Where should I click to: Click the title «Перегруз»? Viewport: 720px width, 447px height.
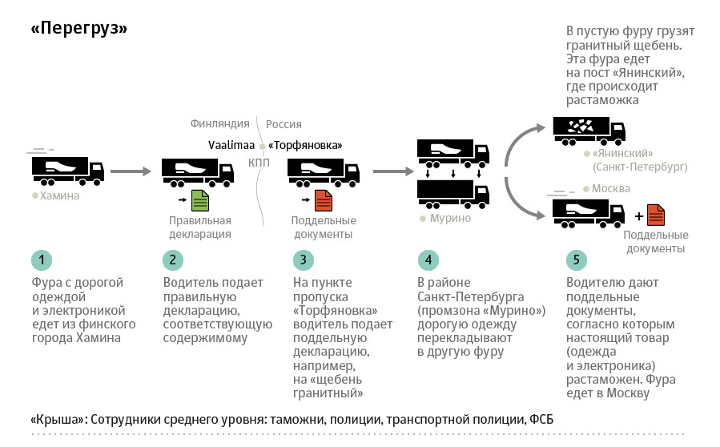pyautogui.click(x=79, y=29)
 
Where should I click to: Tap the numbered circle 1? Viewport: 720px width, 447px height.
pyautogui.click(x=42, y=260)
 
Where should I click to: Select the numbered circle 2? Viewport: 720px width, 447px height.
pyautogui.click(x=172, y=260)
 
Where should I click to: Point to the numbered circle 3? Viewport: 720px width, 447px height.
pyautogui.click(x=303, y=260)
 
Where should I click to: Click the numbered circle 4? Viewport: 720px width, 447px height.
pyautogui.click(x=428, y=260)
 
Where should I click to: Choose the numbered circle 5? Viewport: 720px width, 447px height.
pyautogui.click(x=576, y=260)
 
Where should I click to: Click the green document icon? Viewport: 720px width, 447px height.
pyautogui.click(x=199, y=200)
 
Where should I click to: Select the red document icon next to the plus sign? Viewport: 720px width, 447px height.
pyautogui.click(x=656, y=215)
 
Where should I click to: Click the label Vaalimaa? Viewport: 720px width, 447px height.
pyautogui.click(x=231, y=146)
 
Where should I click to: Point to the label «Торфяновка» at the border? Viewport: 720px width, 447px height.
pyautogui.click(x=305, y=146)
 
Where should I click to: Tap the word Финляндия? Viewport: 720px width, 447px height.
pyautogui.click(x=220, y=123)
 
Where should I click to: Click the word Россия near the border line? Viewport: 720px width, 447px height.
pyautogui.click(x=284, y=124)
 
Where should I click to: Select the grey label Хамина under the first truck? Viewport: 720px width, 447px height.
pyautogui.click(x=60, y=195)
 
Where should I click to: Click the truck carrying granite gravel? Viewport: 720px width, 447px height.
pyautogui.click(x=589, y=131)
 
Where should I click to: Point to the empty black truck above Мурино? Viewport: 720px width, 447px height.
pyautogui.click(x=453, y=194)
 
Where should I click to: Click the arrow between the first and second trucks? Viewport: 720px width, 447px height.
pyautogui.click(x=131, y=171)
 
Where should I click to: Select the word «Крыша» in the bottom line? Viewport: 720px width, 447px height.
pyautogui.click(x=58, y=420)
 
